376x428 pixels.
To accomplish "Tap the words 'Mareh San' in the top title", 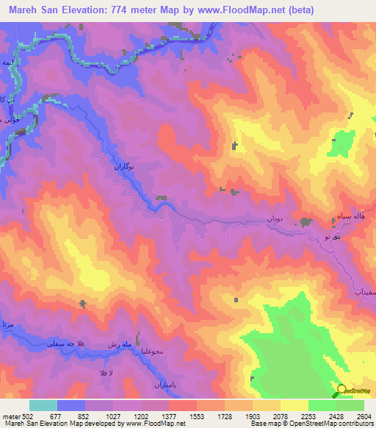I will [36, 10].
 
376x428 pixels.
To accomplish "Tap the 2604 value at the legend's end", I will [364, 416].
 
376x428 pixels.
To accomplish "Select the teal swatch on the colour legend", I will [43, 405].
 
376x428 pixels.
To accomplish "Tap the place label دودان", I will [274, 219].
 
